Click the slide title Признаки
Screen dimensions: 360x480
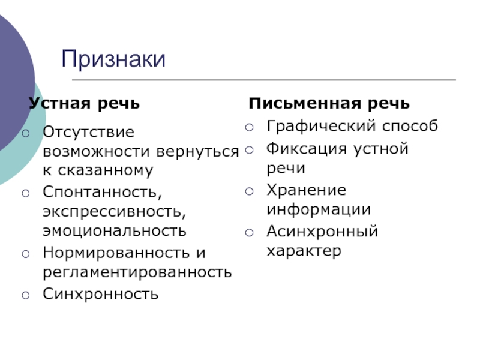(x=113, y=59)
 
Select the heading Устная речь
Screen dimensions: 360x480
(x=84, y=104)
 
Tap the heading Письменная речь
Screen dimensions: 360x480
(x=329, y=104)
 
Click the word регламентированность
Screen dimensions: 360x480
(x=137, y=272)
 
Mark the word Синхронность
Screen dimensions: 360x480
(x=101, y=294)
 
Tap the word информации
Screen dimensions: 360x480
(x=319, y=209)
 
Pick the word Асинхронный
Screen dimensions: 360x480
(x=322, y=231)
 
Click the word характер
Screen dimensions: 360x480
(x=304, y=250)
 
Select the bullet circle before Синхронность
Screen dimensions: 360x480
(x=26, y=295)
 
